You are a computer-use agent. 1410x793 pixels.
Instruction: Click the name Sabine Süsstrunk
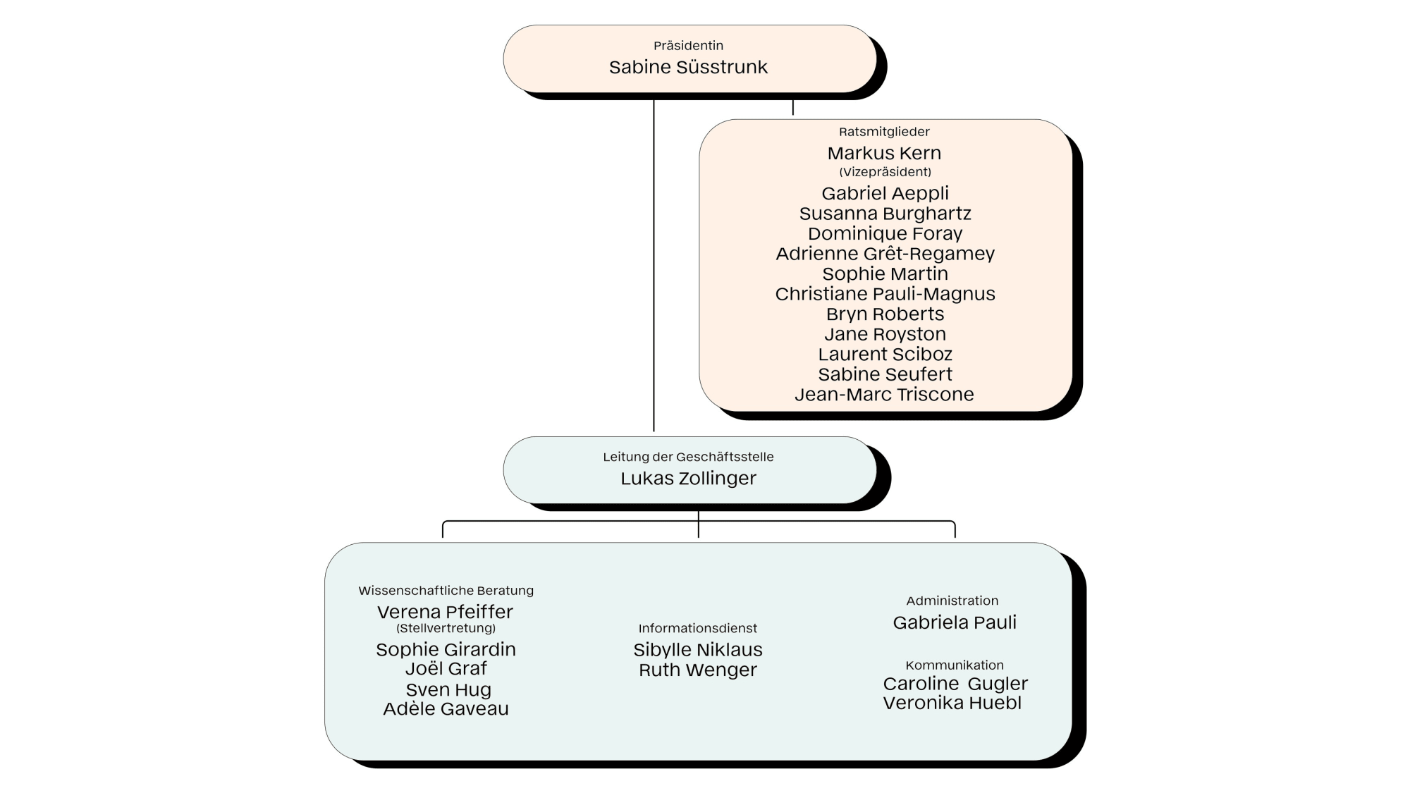(x=688, y=67)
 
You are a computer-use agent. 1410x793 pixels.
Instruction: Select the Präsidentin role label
(x=688, y=45)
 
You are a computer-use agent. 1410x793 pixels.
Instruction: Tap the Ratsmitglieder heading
(x=884, y=132)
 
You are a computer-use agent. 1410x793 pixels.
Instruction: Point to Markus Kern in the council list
(x=884, y=153)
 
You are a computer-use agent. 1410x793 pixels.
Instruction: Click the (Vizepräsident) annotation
(x=885, y=172)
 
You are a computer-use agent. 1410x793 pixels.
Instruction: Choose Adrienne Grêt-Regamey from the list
(x=885, y=254)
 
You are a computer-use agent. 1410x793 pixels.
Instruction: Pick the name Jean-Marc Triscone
(x=884, y=394)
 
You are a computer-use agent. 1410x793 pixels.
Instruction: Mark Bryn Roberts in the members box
(x=885, y=314)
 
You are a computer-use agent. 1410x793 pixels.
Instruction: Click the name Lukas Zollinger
(x=688, y=478)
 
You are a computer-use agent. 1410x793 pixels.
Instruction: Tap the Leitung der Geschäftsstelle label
(x=688, y=457)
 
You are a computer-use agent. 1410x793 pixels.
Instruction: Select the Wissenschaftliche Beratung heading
(x=446, y=591)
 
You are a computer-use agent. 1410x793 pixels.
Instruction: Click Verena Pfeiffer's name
(x=445, y=612)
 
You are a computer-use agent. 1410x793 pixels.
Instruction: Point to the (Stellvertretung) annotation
(x=446, y=628)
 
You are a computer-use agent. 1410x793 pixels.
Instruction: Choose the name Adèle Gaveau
(x=446, y=708)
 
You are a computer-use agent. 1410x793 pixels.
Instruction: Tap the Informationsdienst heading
(x=698, y=628)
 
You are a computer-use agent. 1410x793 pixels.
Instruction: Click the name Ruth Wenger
(x=698, y=670)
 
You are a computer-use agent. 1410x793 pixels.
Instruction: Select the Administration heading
(x=952, y=601)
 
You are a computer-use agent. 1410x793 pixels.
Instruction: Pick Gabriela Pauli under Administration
(x=955, y=622)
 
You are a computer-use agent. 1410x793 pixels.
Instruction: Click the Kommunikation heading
(x=955, y=665)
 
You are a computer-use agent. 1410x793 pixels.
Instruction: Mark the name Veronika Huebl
(x=952, y=703)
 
